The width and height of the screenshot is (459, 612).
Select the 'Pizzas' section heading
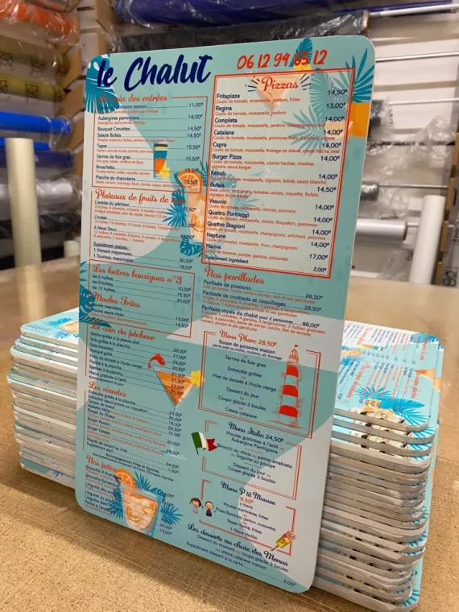click(x=276, y=83)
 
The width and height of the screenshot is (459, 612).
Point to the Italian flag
click(x=204, y=442)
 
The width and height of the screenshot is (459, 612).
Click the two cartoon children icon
click(x=201, y=507)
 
